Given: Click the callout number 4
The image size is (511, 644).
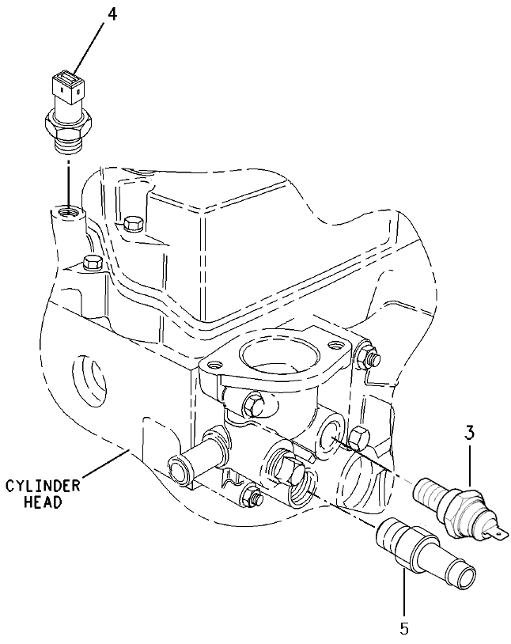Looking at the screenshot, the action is (112, 14).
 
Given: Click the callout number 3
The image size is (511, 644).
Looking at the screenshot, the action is (470, 433).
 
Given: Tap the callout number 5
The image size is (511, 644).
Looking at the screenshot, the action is (404, 629).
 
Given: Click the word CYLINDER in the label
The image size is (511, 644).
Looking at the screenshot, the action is (43, 487).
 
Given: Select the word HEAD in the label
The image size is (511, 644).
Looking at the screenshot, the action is (43, 502).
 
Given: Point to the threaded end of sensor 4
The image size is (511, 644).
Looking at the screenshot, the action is (68, 144).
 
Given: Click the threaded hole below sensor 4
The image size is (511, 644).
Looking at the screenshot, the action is (69, 213).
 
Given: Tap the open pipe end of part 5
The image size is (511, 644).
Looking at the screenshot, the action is (465, 576).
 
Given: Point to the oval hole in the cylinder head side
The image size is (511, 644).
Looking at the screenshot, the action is (89, 380).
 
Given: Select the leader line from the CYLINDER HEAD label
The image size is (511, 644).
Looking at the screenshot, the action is (105, 464).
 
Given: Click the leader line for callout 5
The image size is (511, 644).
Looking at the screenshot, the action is (404, 593).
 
